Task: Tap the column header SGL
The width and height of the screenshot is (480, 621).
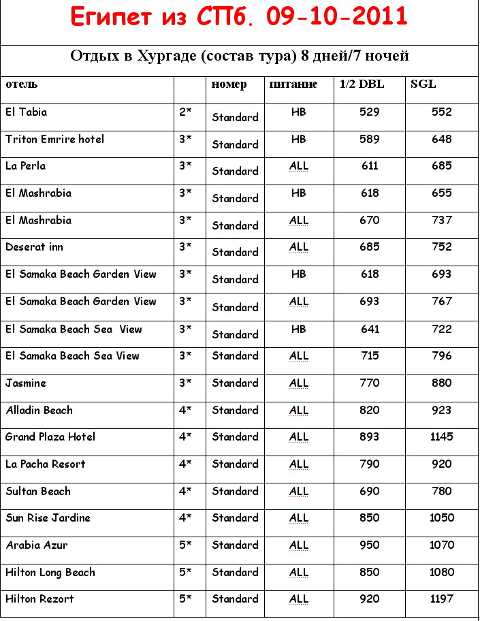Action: point(423,84)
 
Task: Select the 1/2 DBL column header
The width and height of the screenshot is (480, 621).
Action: point(362,84)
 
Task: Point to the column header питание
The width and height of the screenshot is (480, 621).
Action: point(293,84)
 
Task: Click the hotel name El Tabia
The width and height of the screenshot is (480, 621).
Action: point(27,112)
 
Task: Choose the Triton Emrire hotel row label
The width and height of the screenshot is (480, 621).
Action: point(54,139)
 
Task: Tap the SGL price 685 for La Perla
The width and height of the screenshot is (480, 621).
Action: point(441,165)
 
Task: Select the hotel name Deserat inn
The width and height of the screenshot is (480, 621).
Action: point(34,246)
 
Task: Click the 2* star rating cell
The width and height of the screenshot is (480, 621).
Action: point(185,112)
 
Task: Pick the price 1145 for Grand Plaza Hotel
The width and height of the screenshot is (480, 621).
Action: point(441,436)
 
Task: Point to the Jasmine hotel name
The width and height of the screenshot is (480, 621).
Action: point(26,383)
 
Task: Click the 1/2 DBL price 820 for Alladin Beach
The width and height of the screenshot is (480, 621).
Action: point(370,410)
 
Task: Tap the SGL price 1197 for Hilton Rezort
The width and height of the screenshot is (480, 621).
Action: point(441,599)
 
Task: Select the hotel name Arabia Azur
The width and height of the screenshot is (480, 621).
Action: point(37,545)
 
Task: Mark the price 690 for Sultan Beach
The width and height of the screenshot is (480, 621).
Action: point(370,491)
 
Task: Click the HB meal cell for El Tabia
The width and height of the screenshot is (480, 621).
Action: point(298,112)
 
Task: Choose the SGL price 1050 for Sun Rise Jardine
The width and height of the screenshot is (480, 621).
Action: point(441,517)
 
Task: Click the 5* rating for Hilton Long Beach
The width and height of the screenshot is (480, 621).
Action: point(185,572)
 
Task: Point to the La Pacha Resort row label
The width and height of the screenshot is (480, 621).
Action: point(46,464)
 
